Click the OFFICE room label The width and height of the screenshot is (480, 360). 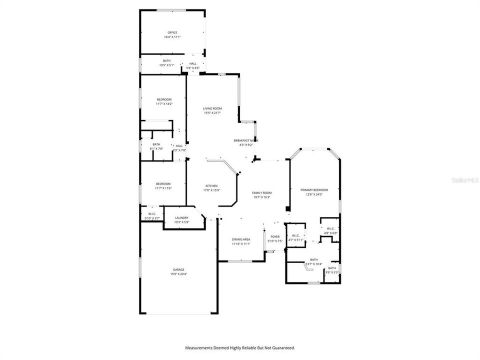[172, 32]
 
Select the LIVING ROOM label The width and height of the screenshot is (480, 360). [212, 108]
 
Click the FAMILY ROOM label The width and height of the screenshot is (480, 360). [262, 192]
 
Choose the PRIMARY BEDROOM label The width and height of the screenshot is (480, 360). [314, 190]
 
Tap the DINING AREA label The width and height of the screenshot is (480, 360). [241, 239]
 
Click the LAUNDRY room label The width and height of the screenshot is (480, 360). [181, 218]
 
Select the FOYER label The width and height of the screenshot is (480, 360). [275, 236]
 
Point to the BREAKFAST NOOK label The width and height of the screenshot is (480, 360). [246, 140]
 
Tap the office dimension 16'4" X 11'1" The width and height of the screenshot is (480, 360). [172, 37]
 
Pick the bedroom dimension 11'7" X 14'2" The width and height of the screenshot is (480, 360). [164, 104]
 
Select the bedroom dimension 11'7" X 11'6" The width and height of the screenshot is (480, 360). [163, 188]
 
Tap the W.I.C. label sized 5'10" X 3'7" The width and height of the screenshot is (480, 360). [152, 214]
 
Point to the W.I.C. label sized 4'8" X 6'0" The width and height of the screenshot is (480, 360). [330, 228]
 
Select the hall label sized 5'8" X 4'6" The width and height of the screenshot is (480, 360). [193, 63]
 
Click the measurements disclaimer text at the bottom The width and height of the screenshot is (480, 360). [240, 347]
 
